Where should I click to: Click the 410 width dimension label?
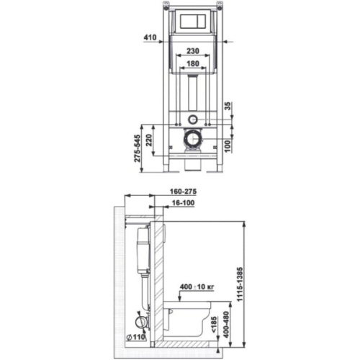[150, 37]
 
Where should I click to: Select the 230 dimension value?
[193, 51]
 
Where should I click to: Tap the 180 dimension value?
[193, 63]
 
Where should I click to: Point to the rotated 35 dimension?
[228, 106]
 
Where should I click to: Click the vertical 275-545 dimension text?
[137, 148]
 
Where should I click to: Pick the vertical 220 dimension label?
[149, 140]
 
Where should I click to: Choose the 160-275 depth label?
[183, 192]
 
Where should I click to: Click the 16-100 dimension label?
[184, 203]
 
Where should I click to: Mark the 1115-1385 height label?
[240, 284]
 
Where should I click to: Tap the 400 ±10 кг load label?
[197, 287]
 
